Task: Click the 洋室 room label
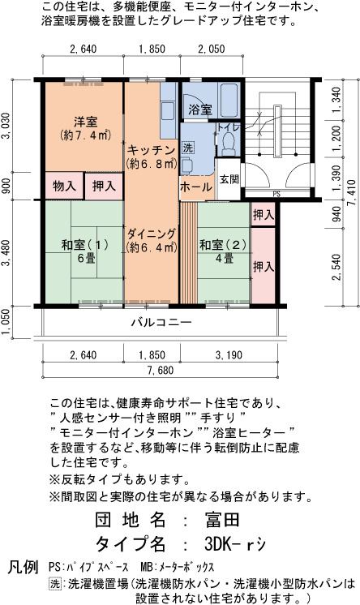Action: click(86, 122)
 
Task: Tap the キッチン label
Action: click(152, 150)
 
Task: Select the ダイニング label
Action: click(152, 234)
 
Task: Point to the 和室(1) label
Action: click(85, 245)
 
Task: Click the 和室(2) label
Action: click(223, 245)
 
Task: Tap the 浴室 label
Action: click(200, 109)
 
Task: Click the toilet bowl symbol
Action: click(229, 144)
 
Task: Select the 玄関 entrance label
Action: click(229, 179)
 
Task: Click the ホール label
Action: click(196, 187)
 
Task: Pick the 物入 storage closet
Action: click(64, 186)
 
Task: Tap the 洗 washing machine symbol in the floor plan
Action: click(188, 147)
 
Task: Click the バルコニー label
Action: click(161, 321)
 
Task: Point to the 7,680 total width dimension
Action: click(160, 371)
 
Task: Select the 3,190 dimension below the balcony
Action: click(229, 355)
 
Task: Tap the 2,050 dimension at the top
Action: click(212, 49)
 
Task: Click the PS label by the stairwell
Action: click(276, 195)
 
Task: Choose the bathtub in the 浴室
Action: click(229, 100)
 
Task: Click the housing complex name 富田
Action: click(222, 520)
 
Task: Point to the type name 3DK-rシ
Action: click(235, 544)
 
